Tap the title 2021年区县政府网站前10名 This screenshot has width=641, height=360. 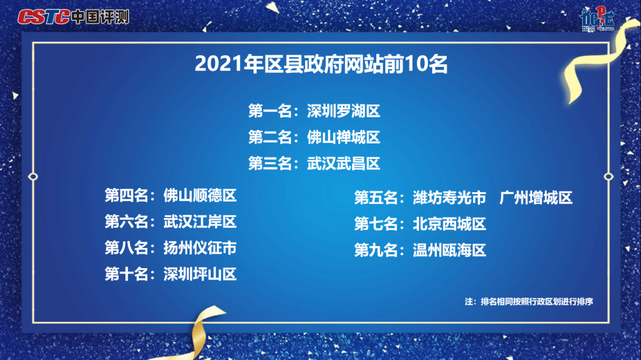321,64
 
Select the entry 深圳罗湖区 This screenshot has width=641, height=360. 344,111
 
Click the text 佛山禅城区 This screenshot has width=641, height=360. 344,138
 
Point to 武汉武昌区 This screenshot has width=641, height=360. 344,164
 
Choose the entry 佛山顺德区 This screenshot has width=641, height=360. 200,195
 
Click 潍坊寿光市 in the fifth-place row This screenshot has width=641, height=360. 449,197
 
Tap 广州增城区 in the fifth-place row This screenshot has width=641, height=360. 536,197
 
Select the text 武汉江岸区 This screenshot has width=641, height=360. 200,221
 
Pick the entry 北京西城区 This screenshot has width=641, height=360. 449,224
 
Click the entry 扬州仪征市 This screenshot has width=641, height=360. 200,248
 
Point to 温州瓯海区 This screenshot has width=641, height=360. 449,250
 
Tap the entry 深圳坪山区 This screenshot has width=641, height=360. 200,274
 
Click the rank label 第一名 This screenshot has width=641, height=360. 270,111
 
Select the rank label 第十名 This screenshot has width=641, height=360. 126,274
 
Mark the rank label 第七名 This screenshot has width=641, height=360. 376,224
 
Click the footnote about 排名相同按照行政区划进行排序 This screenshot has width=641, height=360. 529,301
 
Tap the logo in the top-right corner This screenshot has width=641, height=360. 597,19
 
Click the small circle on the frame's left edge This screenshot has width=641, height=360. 33,177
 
